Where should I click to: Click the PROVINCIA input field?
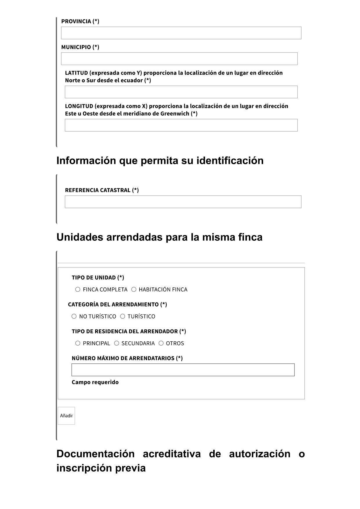(x=181, y=33)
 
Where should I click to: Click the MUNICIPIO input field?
(x=179, y=59)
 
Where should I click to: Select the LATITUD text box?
(x=181, y=92)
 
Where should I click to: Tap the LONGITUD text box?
(x=181, y=125)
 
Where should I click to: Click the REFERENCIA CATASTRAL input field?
(x=183, y=202)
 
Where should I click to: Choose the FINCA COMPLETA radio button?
(x=78, y=289)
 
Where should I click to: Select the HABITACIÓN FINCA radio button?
(x=134, y=289)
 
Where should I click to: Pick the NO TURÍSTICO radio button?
(x=74, y=316)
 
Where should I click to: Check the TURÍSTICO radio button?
(x=122, y=316)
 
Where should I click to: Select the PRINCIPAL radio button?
(x=78, y=343)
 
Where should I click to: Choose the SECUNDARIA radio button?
(x=117, y=343)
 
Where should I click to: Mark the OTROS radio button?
(x=161, y=343)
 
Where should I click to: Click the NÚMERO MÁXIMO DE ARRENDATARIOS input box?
(x=183, y=370)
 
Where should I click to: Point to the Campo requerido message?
(x=95, y=382)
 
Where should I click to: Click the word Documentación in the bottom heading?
(x=95, y=454)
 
